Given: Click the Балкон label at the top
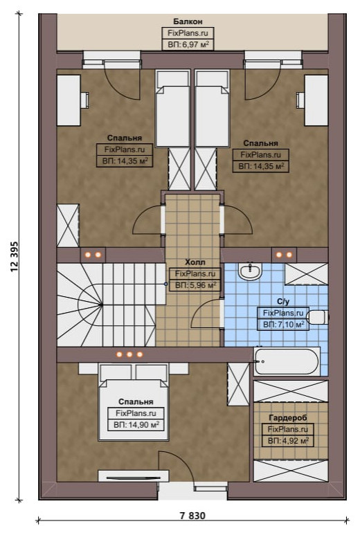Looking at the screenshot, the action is point(188,22).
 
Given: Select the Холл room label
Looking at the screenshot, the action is point(195,262).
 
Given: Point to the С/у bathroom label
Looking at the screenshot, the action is point(283,302).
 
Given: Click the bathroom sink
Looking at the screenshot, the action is point(250,271).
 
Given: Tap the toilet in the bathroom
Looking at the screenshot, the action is point(318,317).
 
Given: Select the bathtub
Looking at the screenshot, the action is point(287,361).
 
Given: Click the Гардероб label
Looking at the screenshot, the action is point(288,417).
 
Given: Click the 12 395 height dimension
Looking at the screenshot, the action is point(15,257).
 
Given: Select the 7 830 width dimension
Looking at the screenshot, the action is point(192,516).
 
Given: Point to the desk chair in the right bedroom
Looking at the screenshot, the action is point(300,100).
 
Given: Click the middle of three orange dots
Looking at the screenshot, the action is point(129,354).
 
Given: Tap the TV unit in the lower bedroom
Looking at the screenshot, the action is point(134,476).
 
